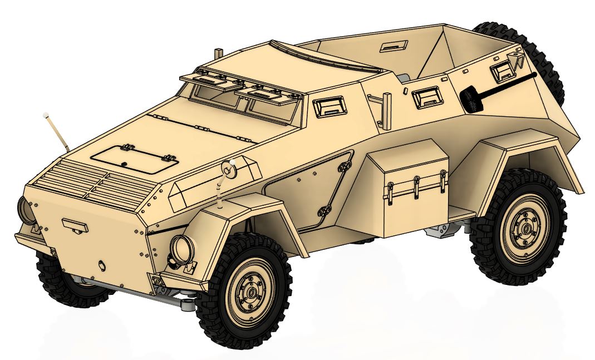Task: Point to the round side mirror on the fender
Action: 229,169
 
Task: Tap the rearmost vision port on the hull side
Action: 503,70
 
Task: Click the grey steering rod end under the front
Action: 187,304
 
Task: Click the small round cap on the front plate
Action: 102,265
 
